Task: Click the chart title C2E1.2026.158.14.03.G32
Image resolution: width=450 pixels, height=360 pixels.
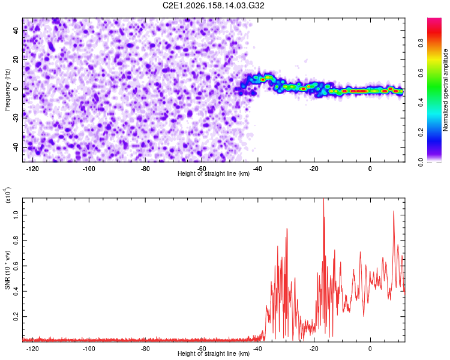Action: (x=214, y=5)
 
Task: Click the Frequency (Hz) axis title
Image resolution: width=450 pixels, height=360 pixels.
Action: (x=7, y=90)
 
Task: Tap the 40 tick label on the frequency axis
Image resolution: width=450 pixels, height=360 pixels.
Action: (x=16, y=30)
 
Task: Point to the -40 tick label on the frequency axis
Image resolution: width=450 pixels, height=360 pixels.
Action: (x=16, y=147)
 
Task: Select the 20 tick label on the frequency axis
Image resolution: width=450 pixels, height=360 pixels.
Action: (x=16, y=59)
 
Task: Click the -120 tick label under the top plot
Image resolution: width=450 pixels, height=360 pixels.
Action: (x=32, y=169)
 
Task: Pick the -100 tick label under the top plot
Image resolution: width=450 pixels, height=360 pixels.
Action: (x=89, y=169)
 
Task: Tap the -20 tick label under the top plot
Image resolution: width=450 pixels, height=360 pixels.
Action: (x=314, y=169)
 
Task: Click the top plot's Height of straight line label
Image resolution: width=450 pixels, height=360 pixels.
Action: (x=214, y=173)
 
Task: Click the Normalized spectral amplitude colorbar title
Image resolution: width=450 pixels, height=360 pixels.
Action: (x=445, y=90)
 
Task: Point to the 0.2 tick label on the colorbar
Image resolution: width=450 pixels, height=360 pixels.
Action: (x=421, y=133)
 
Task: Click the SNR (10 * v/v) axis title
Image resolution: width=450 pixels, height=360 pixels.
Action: (x=7, y=270)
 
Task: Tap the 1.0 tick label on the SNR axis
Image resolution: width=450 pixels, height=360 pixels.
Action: (x=16, y=215)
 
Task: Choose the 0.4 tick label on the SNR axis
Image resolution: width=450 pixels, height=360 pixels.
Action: (x=16, y=291)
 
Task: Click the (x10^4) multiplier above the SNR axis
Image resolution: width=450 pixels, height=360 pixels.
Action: (x=7, y=195)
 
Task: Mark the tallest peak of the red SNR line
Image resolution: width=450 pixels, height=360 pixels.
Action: (x=323, y=199)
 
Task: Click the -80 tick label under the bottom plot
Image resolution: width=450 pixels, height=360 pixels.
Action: (x=146, y=349)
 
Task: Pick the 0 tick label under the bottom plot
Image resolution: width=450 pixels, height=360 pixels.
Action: (x=370, y=349)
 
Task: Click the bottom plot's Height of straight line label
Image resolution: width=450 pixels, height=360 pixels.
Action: (x=214, y=353)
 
